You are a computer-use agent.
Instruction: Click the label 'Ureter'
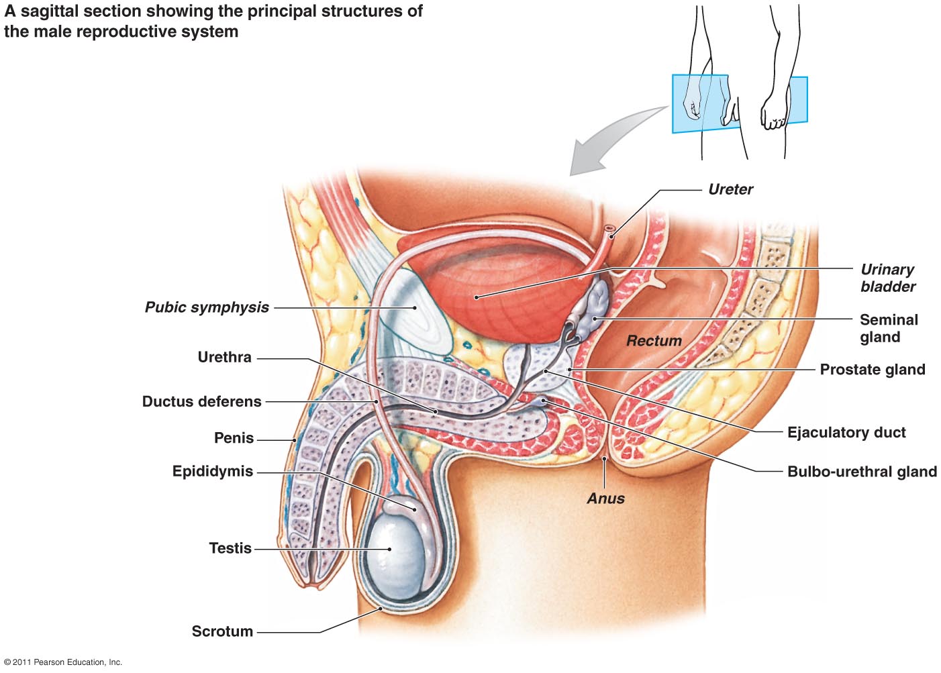[730, 190]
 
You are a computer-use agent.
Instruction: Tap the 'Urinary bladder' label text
[887, 278]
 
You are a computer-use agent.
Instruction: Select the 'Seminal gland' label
[888, 328]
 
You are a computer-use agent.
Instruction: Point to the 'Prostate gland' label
[872, 370]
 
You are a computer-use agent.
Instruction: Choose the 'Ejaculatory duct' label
[846, 433]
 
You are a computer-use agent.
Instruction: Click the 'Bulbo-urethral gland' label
[861, 472]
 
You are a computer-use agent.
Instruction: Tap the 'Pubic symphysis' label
[207, 307]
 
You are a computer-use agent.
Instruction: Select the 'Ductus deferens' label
[201, 402]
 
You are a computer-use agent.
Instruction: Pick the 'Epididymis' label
[212, 472]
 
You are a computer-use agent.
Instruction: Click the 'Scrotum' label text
[222, 631]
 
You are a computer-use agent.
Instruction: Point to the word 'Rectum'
[654, 341]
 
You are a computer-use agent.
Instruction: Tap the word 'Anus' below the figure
[605, 499]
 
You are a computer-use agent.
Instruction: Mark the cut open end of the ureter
[610, 230]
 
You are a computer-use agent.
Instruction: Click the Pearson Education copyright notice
[63, 662]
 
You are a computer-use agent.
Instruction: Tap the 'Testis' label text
[230, 548]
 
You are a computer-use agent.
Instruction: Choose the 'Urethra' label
[224, 357]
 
